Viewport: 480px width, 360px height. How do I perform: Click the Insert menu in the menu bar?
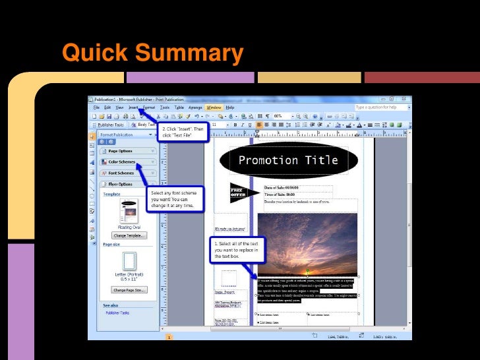click(x=134, y=107)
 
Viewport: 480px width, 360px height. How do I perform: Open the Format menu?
click(x=149, y=107)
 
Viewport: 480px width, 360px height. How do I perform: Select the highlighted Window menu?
click(x=214, y=107)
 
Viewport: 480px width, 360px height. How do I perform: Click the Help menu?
click(x=230, y=107)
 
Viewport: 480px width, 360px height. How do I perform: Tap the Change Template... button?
click(x=129, y=235)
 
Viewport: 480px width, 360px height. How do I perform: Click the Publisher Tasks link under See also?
click(x=117, y=313)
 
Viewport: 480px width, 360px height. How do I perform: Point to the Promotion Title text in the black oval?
click(x=288, y=160)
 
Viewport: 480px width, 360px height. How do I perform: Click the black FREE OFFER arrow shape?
click(x=239, y=193)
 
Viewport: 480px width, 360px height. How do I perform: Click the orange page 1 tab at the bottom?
click(x=169, y=337)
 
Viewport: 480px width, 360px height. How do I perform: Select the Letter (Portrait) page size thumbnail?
click(x=129, y=261)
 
